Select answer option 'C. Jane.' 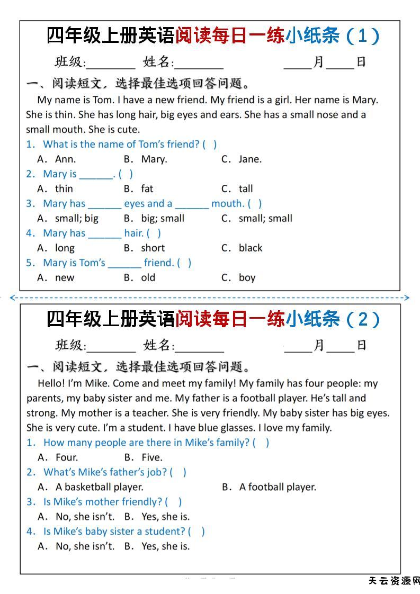[242, 159]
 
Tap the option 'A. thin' [56, 188]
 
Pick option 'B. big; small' [154, 218]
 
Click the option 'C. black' [242, 248]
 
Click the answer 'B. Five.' [144, 457]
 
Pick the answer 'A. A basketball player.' [91, 487]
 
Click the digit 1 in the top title [362, 36]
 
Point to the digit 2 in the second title [362, 319]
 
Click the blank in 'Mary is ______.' [96, 175]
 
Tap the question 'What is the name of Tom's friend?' [121, 144]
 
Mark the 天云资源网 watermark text [394, 581]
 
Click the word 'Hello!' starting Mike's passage [52, 383]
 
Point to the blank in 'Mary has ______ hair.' [104, 234]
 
